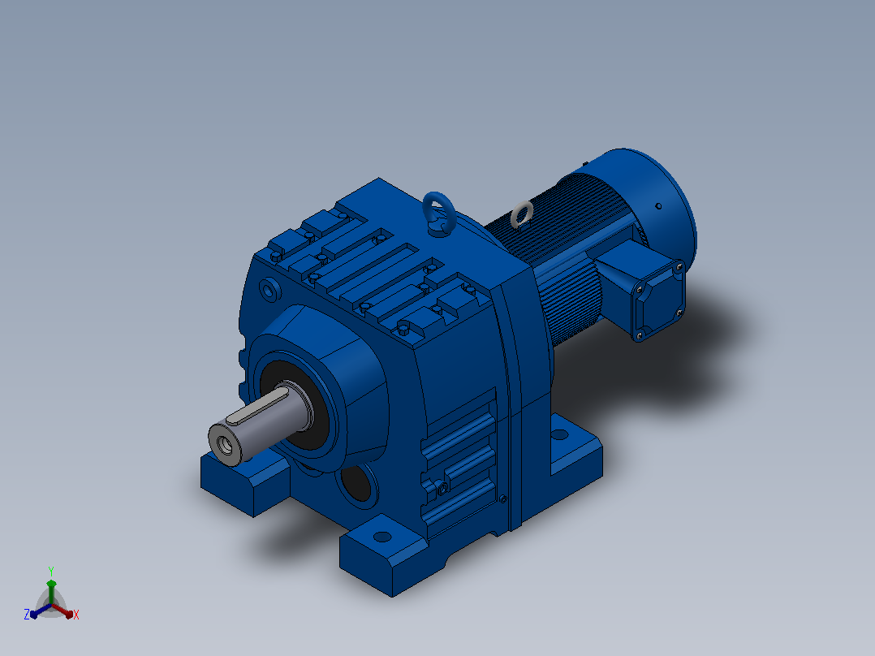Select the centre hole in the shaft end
point(226,444)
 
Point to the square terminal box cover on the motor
point(658,300)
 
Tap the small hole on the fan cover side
point(658,206)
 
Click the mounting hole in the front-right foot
point(382,537)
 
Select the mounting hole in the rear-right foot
point(559,434)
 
